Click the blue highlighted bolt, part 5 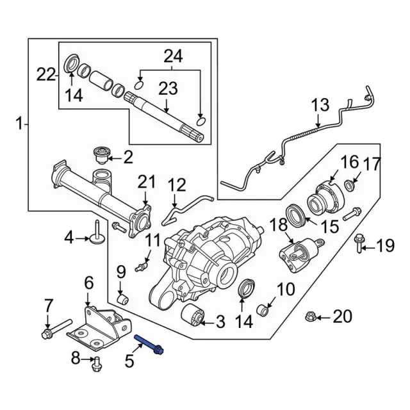[149, 344]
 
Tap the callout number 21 [147, 182]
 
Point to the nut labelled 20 [311, 316]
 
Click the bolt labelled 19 [359, 243]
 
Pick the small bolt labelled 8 [96, 365]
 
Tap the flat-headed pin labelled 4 [97, 233]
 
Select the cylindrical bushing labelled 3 [192, 315]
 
